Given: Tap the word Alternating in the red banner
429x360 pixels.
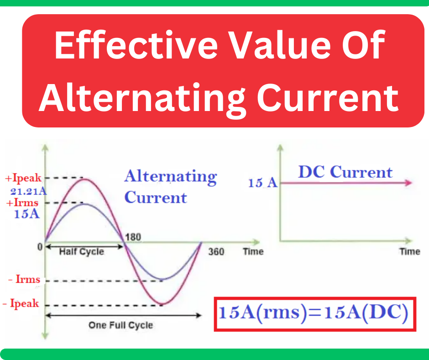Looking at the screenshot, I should (x=140, y=98).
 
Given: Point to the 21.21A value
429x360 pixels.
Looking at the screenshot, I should (x=28, y=191).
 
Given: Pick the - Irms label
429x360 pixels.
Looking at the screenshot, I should (x=22, y=280).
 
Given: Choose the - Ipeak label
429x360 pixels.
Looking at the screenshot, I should (x=21, y=303).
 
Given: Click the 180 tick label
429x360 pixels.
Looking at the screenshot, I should (x=133, y=237).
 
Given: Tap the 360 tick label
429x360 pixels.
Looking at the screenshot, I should (x=216, y=252).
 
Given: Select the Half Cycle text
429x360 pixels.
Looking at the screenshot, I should (x=81, y=252).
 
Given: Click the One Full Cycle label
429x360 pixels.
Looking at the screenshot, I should (x=120, y=325).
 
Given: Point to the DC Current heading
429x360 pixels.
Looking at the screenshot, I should (x=345, y=172).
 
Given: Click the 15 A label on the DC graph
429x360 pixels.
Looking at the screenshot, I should (x=262, y=183).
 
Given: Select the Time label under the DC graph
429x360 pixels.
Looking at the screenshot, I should (x=409, y=252).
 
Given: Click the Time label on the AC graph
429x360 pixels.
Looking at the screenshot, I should (x=253, y=252).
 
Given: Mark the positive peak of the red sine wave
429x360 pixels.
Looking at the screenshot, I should (x=84, y=179).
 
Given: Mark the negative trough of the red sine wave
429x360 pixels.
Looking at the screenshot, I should (x=163, y=304).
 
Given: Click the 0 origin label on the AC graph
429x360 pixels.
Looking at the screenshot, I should (x=40, y=247).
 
